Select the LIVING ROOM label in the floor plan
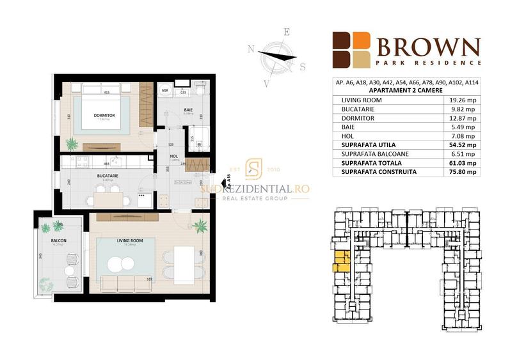[129, 240]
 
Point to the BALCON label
[59, 240]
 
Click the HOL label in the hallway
[173, 155]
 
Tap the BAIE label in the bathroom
[170, 110]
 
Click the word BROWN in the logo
[428, 47]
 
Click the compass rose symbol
[277, 56]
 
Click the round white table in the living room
[118, 263]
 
